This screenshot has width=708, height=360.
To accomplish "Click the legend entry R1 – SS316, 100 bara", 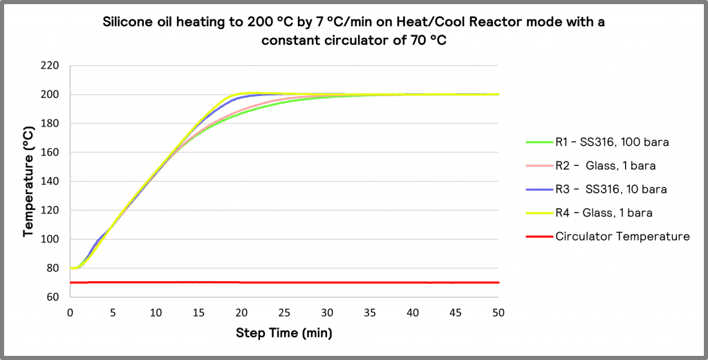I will [x=611, y=142].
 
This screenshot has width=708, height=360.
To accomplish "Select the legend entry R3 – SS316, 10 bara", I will [x=611, y=189].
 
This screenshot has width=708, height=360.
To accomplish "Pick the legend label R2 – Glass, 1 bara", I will [x=605, y=166].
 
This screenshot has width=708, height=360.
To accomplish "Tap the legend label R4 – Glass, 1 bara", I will [x=604, y=213].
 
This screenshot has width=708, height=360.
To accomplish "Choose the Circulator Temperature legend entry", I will [x=622, y=236].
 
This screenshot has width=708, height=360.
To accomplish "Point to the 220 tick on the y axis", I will [x=49, y=66].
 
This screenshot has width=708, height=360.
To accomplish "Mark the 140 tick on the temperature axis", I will [x=49, y=182].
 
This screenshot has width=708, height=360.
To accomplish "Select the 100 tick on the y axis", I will [x=49, y=239].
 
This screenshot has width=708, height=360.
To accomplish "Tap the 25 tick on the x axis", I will [x=284, y=313].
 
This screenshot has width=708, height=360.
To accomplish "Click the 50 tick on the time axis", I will [x=499, y=313].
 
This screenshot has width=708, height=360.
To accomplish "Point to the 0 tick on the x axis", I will [x=70, y=313].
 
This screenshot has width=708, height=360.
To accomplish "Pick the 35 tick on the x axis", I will [x=371, y=313].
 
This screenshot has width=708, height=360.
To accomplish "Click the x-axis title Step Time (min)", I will [x=284, y=333].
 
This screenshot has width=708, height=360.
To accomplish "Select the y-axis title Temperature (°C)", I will [x=28, y=182].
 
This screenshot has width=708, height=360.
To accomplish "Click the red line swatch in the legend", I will [x=538, y=236].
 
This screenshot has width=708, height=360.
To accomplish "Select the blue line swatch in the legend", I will [x=538, y=189].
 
